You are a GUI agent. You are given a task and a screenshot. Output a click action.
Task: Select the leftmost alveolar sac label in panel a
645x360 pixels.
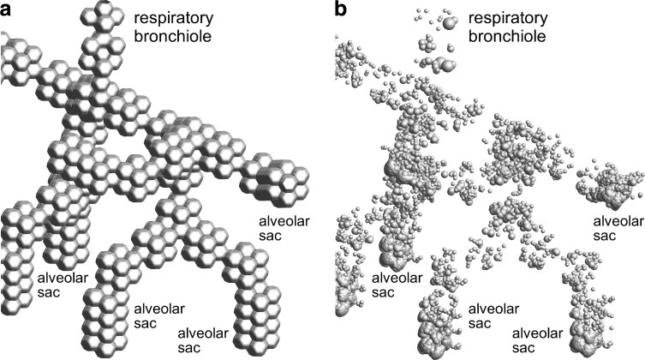click(60, 285)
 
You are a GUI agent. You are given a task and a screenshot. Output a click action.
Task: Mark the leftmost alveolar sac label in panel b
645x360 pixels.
click(394, 285)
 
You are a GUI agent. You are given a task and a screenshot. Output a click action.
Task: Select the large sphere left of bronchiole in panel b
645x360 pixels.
click(445, 63)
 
